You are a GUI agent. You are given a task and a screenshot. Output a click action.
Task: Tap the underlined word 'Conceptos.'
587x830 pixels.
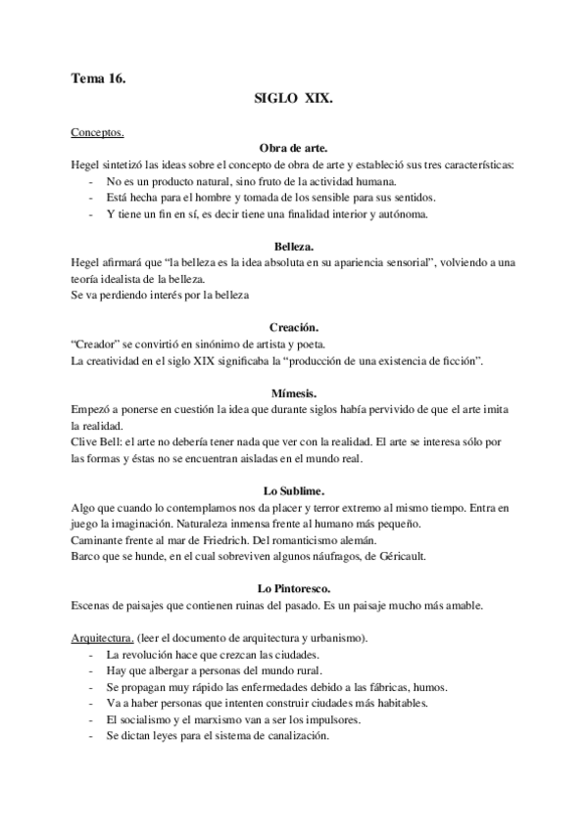point(98,131)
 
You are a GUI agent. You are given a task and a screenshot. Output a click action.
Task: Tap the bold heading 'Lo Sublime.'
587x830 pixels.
point(294,490)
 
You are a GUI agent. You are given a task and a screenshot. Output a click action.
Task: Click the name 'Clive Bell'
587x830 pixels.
point(95,442)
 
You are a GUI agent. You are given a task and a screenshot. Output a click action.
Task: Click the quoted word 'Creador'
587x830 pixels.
point(100,346)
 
